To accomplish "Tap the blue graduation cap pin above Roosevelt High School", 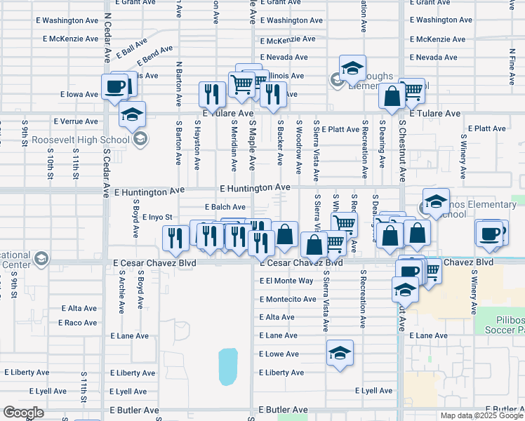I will click(132, 114).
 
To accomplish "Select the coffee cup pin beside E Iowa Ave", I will click(115, 86).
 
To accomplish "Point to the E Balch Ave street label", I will click(225, 207).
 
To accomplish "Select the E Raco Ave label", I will click(79, 323).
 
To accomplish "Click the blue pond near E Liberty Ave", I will click(228, 367).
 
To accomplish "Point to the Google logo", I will click(23, 413).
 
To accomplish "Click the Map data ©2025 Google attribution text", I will click(481, 415).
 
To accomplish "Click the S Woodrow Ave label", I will click(298, 149).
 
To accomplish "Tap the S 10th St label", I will click(51, 171).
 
